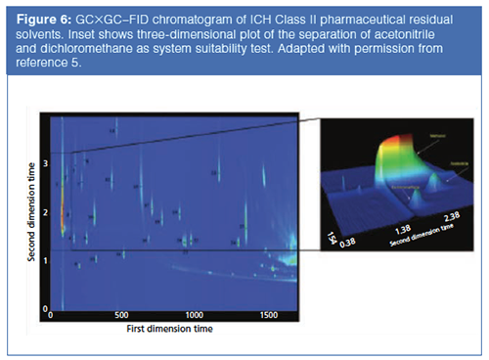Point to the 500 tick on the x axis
(x=121, y=316)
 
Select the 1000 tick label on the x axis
(x=194, y=316)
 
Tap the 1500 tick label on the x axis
(x=266, y=316)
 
